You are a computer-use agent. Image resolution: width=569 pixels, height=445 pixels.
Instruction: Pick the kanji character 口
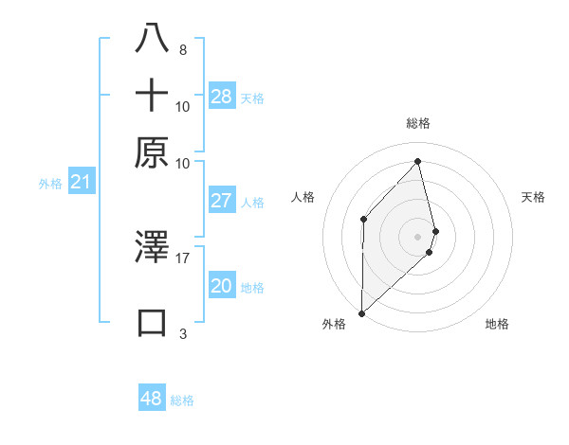click(152, 322)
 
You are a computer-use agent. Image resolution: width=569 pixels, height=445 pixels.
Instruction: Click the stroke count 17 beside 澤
click(183, 257)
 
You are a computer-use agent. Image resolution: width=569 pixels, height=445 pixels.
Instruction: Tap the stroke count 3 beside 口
click(183, 333)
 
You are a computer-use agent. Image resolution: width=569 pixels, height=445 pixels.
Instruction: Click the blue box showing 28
click(222, 97)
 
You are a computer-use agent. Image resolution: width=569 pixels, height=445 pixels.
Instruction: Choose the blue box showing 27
click(221, 201)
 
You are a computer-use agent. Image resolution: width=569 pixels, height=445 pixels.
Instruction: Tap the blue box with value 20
click(221, 287)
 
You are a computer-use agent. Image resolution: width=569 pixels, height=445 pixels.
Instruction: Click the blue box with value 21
click(81, 183)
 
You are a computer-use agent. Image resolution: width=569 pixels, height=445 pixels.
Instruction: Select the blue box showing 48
click(152, 399)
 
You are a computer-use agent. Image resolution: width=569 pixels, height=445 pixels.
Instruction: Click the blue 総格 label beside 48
click(182, 400)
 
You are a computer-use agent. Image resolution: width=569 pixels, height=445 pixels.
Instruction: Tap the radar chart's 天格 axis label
click(534, 197)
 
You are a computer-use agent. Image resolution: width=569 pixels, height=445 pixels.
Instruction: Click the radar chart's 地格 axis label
click(497, 324)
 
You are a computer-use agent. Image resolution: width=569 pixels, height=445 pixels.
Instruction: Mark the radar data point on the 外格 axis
click(361, 311)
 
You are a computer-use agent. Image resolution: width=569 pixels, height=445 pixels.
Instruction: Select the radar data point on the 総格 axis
click(418, 161)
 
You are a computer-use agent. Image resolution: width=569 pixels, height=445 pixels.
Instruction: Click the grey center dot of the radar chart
click(418, 236)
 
